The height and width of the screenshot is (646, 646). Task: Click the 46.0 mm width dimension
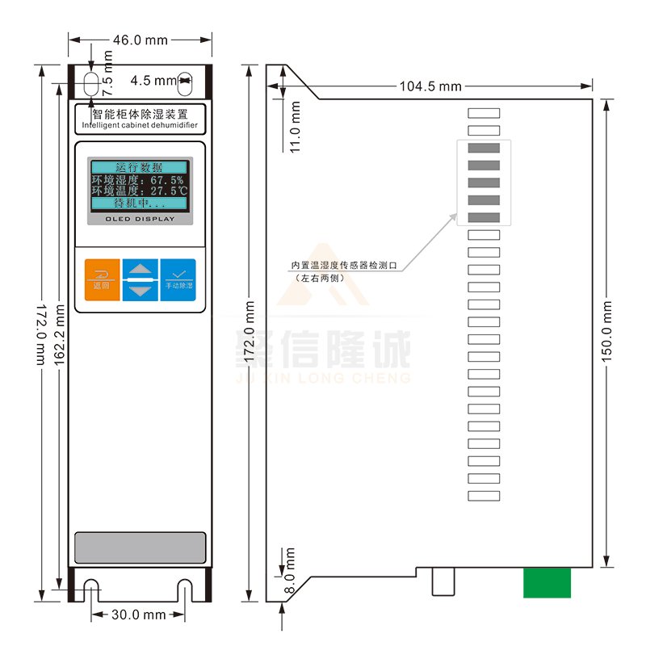coord(140,39)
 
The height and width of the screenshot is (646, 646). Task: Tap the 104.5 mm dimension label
coord(429,86)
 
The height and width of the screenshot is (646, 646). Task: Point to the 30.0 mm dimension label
coord(138,615)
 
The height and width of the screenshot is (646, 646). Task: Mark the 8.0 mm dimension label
coord(290,572)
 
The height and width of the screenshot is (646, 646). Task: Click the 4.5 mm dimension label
coord(153,80)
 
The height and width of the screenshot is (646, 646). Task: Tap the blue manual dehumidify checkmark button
coord(178,279)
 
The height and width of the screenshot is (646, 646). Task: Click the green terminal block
coord(547,582)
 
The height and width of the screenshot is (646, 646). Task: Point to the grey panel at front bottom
coord(140,547)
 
